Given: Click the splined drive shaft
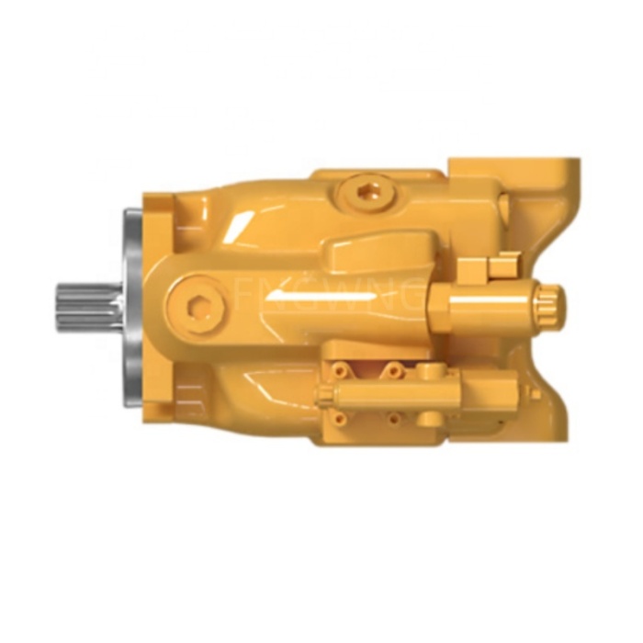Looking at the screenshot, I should pos(88,307).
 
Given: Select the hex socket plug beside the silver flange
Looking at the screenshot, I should pos(196,303).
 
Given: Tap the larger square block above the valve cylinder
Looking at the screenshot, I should pos(470,271).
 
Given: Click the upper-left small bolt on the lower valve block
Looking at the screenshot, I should pos(341,369).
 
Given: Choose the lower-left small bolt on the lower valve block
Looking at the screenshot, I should pos(341,419).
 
